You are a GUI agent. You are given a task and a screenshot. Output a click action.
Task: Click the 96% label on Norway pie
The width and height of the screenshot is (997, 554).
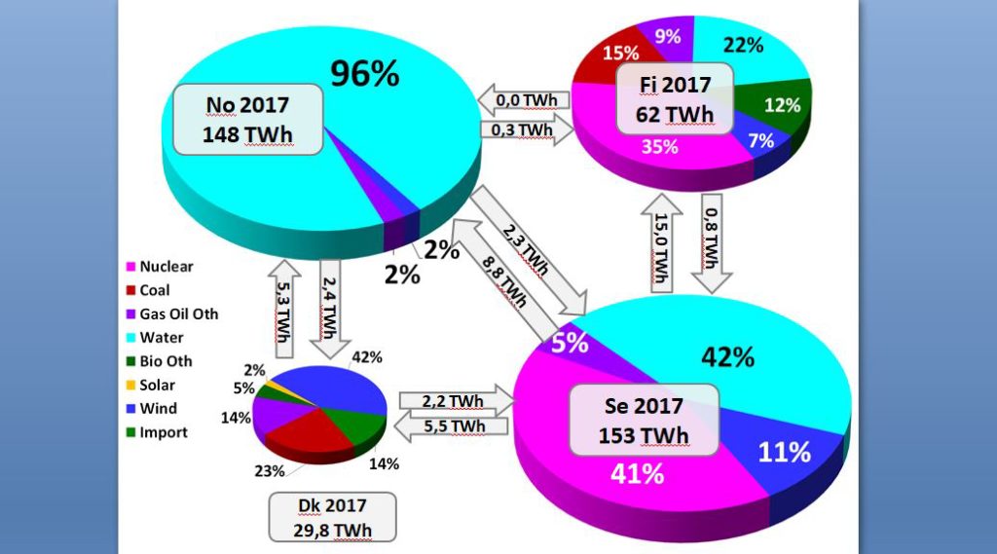coord(364,74)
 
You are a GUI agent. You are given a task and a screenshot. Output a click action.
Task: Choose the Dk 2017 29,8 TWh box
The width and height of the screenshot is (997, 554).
coord(333,516)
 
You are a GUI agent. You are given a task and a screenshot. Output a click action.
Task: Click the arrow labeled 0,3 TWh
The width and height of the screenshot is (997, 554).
coord(526,129)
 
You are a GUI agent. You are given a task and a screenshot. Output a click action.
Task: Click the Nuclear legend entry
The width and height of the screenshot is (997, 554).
coord(160,266)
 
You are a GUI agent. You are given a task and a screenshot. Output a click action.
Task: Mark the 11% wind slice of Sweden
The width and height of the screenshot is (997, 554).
coord(785,452)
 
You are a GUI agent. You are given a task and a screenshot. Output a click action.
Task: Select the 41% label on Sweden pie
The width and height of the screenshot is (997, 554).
coord(638,474)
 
